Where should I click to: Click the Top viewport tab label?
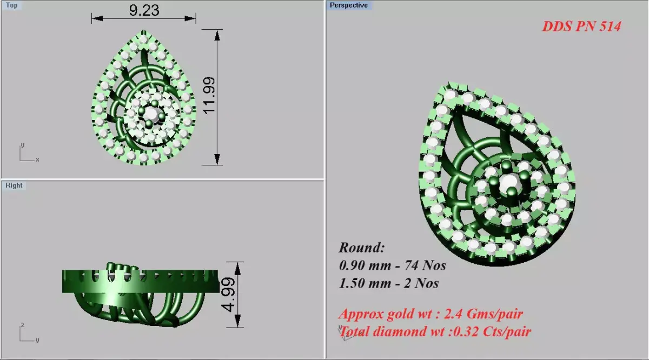tap(11, 5)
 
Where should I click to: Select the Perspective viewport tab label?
tap(348, 5)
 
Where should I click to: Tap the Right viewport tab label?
tap(14, 185)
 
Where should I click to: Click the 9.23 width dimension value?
tap(144, 11)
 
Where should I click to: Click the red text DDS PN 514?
tap(581, 26)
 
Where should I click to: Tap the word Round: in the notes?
tap(362, 248)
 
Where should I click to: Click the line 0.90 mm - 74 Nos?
tap(392, 265)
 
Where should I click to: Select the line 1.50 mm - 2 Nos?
tap(388, 283)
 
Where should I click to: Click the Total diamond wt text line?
tap(435, 331)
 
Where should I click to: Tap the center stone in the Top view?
tap(152, 114)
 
